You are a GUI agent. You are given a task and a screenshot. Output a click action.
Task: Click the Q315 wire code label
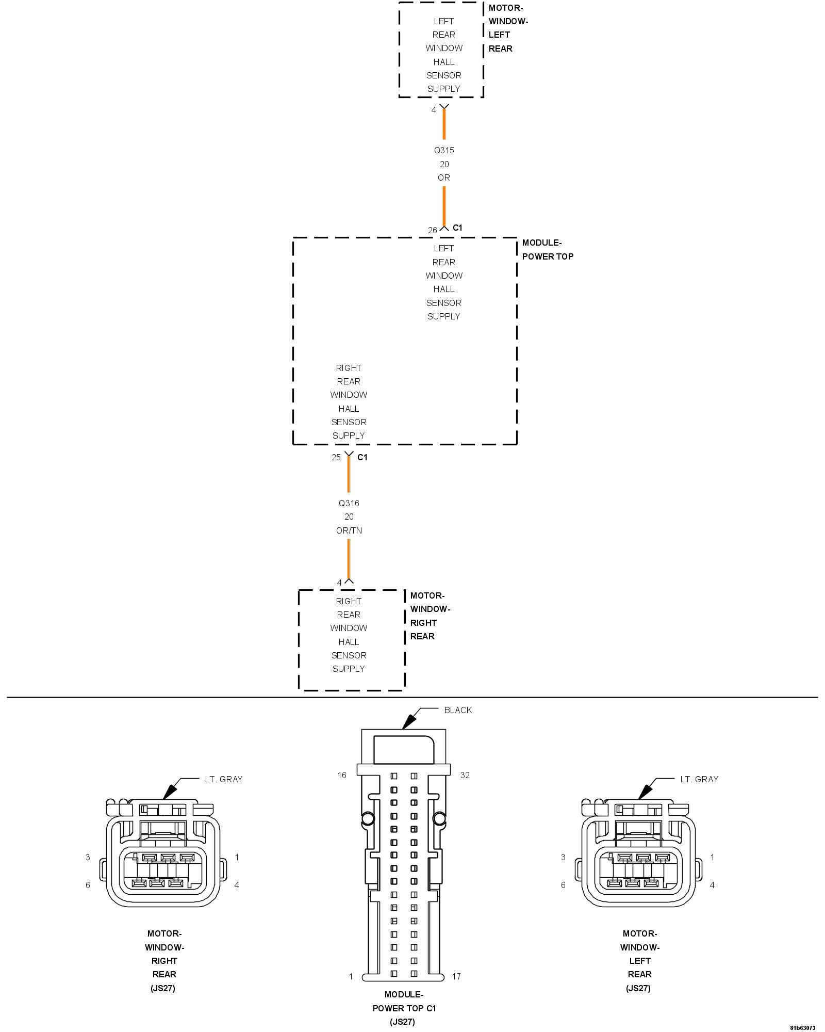pyautogui.click(x=444, y=151)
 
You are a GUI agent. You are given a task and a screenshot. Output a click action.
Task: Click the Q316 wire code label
pyautogui.click(x=349, y=503)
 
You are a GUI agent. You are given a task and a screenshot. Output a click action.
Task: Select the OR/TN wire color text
pyautogui.click(x=349, y=530)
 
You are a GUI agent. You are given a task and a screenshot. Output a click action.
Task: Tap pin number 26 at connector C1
pyautogui.click(x=432, y=230)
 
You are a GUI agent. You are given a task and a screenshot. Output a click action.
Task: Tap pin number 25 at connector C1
pyautogui.click(x=336, y=457)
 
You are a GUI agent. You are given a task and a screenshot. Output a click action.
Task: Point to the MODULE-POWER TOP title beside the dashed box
pyautogui.click(x=547, y=250)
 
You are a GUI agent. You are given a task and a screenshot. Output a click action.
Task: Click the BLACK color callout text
pyautogui.click(x=458, y=710)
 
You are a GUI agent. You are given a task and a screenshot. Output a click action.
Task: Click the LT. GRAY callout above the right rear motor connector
pyautogui.click(x=223, y=779)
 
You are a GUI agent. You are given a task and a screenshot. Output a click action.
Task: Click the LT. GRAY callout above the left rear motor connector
pyautogui.click(x=699, y=779)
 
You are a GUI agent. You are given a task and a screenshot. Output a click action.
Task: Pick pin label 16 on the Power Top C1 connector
pyautogui.click(x=342, y=776)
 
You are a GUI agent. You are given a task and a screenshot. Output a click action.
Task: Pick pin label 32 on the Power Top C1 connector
pyautogui.click(x=465, y=776)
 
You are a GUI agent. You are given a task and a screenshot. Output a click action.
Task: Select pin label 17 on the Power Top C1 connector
pyautogui.click(x=456, y=976)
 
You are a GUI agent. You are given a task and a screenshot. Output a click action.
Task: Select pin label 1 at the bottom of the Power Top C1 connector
pyautogui.click(x=351, y=976)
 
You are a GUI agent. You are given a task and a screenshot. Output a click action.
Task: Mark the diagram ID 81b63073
pyautogui.click(x=802, y=1027)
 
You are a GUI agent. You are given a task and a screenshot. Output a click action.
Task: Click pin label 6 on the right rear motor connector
pyautogui.click(x=88, y=885)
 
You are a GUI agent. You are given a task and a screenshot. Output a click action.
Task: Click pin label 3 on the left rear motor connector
pyautogui.click(x=563, y=857)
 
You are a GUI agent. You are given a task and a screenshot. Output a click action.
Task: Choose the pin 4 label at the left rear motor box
pyautogui.click(x=434, y=110)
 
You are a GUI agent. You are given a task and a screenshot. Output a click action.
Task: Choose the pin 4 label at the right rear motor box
pyautogui.click(x=339, y=583)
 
